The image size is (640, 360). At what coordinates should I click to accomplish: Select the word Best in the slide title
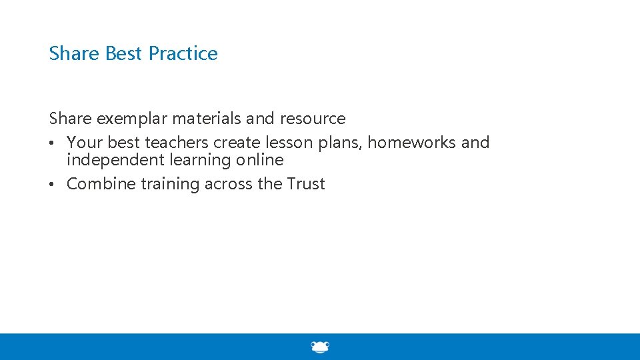123,53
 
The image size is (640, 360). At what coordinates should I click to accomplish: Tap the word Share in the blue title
73,53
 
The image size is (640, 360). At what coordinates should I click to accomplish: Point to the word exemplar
132,119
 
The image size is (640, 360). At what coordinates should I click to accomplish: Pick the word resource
313,119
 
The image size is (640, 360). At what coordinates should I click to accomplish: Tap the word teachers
177,143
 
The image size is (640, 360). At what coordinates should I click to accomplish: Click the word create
237,143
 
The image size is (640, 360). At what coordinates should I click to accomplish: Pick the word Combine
101,184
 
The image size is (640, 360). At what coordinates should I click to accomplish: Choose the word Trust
306,184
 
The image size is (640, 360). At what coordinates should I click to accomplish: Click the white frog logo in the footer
320,347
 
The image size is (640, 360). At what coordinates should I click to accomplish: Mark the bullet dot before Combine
52,185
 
